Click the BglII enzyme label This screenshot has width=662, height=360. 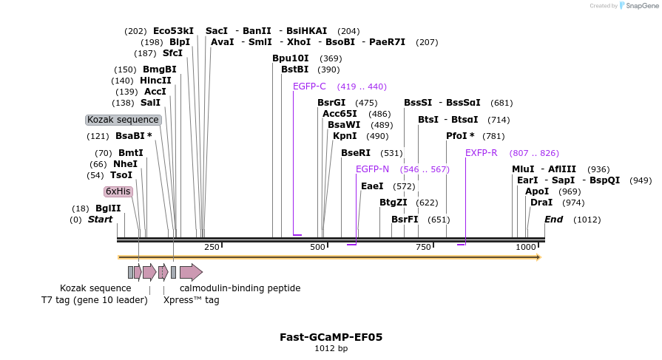tap(108, 208)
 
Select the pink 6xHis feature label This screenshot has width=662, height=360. tap(118, 191)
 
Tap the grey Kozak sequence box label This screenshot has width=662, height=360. tap(123, 120)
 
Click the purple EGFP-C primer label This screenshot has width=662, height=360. tap(309, 86)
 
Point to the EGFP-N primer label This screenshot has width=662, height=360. tap(372, 169)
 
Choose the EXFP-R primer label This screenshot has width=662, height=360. tap(481, 153)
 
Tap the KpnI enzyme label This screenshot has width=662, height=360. tap(345, 136)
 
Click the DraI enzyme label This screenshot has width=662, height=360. tap(541, 203)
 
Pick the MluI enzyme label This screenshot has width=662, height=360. tap(523, 169)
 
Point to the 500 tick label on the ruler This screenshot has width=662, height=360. tap(318, 247)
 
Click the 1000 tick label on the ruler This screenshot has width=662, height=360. tap(526, 247)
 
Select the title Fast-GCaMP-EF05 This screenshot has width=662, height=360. tap(331, 337)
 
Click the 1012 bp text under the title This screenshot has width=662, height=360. tap(331, 349)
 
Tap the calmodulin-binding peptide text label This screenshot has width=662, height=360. tap(240, 288)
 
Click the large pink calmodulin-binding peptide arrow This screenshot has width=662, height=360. tap(191, 272)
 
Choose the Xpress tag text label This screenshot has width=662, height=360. tap(191, 300)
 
